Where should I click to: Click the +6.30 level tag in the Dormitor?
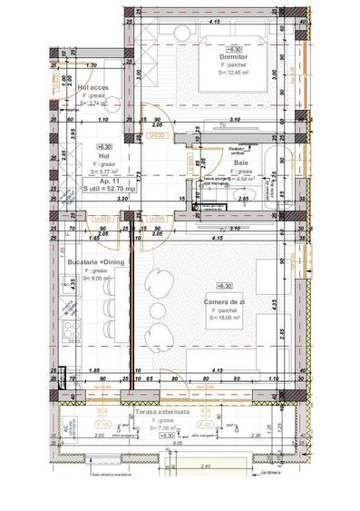point(235,50)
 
